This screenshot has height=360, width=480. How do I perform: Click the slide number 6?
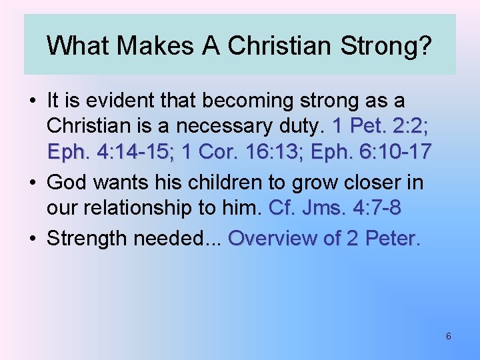click(448, 337)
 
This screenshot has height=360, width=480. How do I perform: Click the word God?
click(67, 182)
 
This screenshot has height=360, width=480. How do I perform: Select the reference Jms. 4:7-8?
click(351, 207)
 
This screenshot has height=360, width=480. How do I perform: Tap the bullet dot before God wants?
click(33, 183)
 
